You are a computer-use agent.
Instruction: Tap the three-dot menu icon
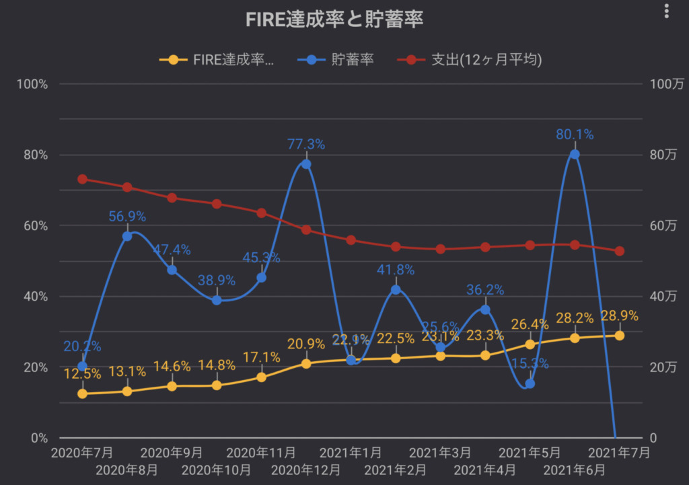(x=667, y=11)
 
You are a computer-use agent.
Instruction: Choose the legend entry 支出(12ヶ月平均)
(x=475, y=60)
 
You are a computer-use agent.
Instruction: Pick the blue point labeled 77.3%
(x=306, y=164)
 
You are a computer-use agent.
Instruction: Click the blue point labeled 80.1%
(x=575, y=154)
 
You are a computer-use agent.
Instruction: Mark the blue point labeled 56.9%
(x=127, y=236)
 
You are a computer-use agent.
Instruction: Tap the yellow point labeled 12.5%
(x=82, y=394)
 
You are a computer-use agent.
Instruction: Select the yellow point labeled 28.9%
(x=619, y=336)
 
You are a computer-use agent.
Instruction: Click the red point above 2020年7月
(x=82, y=179)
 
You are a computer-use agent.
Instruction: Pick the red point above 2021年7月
(x=619, y=251)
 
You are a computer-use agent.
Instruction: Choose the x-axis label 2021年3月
(x=440, y=453)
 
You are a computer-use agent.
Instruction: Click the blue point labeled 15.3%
(x=530, y=383)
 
